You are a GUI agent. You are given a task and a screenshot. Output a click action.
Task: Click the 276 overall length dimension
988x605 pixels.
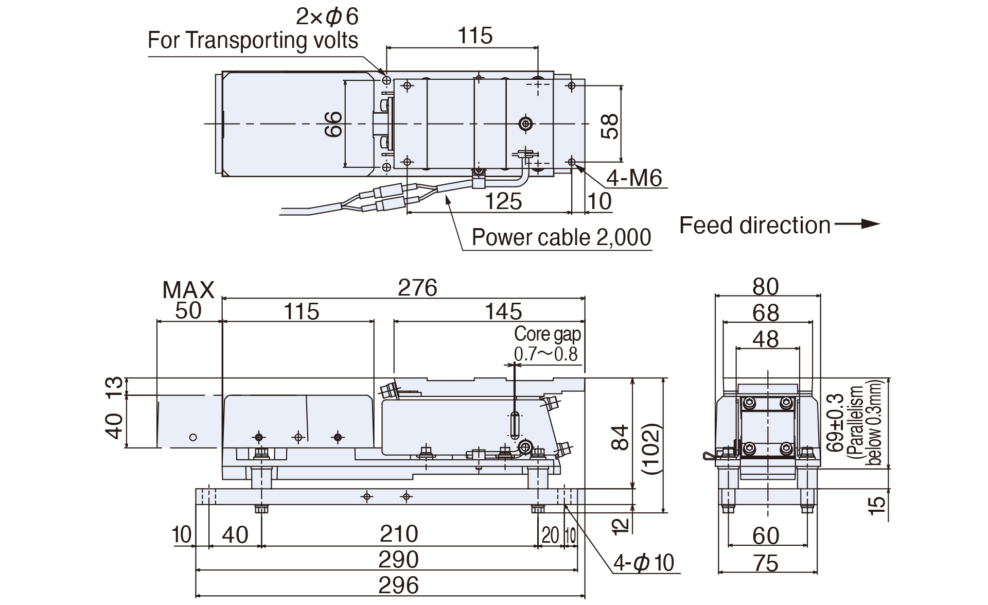tap(417, 287)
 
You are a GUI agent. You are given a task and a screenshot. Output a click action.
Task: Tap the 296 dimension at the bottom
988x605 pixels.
tap(398, 585)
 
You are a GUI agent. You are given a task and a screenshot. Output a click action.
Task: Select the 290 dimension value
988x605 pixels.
tap(398, 560)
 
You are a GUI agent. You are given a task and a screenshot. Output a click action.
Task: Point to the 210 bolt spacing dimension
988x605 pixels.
tap(398, 534)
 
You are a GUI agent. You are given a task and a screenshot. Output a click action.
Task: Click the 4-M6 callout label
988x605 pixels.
tap(633, 178)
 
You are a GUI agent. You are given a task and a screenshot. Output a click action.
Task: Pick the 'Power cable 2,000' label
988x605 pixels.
tap(561, 237)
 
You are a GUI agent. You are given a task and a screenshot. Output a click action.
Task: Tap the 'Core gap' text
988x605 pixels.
tap(548, 334)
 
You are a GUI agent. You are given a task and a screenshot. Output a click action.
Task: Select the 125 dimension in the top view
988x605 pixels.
tap(503, 201)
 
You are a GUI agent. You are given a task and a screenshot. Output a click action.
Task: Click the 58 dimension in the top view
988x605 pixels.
tap(610, 126)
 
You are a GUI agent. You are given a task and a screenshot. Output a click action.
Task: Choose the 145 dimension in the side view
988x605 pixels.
tap(503, 312)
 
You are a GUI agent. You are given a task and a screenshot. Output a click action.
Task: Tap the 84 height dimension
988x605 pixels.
tap(622, 438)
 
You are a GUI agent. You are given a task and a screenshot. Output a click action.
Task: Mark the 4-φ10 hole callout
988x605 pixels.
tap(644, 563)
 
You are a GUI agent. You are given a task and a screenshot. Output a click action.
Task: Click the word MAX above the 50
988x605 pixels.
tap(188, 290)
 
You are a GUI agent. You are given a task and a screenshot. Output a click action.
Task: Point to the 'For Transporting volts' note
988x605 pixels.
tap(253, 40)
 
